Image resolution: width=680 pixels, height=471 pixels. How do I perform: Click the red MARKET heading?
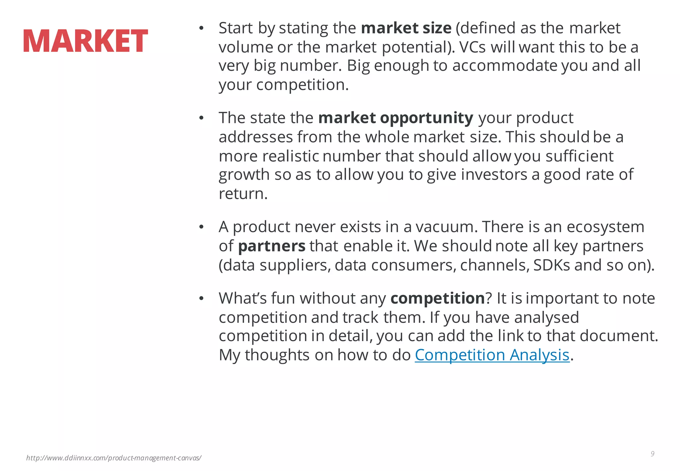[85, 41]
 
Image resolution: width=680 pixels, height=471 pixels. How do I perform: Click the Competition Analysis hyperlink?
[492, 355]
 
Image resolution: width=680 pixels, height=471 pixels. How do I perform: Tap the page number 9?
[652, 454]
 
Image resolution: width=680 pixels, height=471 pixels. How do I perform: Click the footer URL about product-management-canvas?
[114, 458]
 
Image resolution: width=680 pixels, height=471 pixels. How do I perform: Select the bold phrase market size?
[406, 28]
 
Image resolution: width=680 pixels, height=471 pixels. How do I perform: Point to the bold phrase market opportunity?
[395, 118]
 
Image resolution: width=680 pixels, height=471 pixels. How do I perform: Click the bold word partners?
[272, 246]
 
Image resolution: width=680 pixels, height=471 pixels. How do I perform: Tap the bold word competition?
[438, 298]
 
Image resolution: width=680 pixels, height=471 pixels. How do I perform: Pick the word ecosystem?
[605, 227]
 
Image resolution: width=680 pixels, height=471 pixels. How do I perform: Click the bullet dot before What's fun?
[201, 299]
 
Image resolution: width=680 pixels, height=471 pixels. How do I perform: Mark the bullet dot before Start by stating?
[201, 29]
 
